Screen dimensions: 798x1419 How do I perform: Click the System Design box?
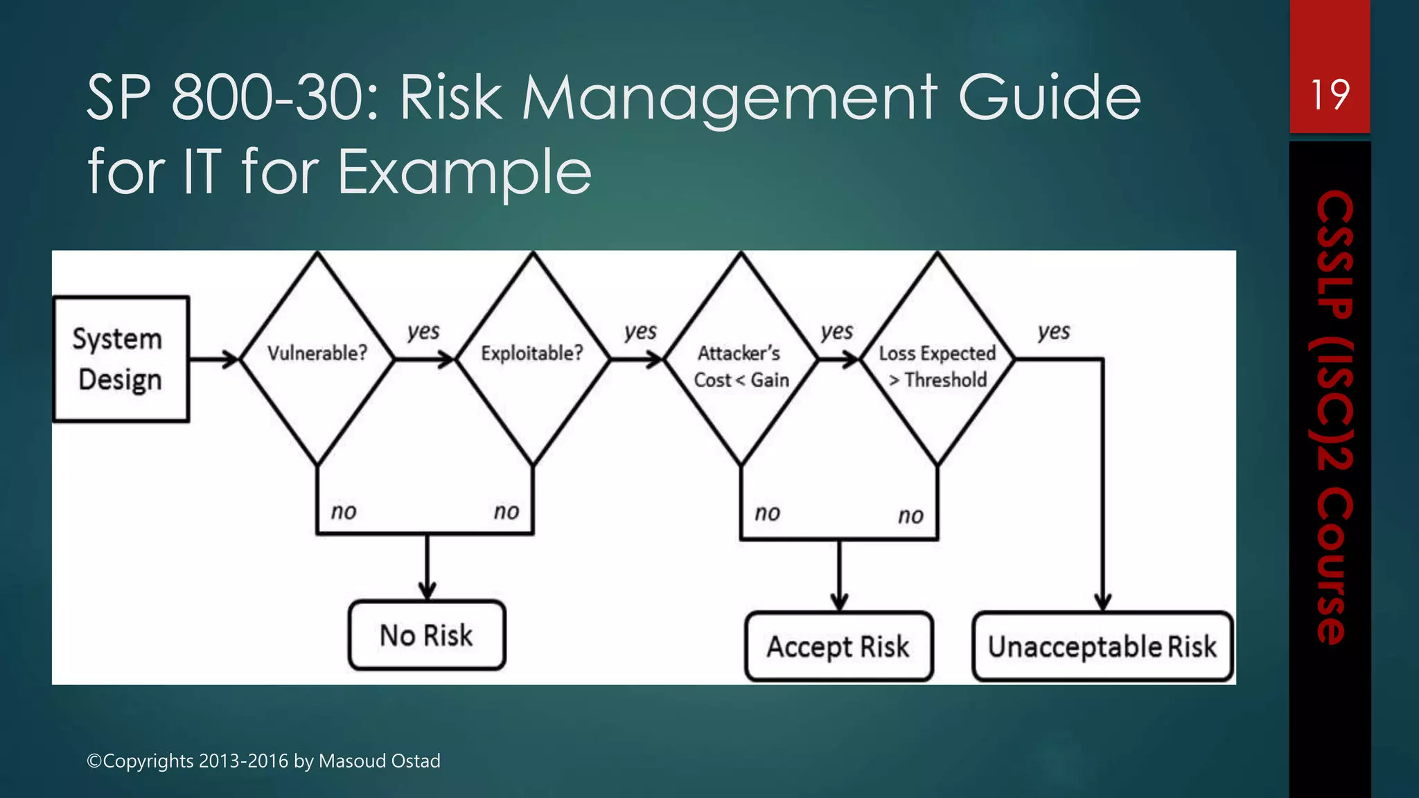coord(121,359)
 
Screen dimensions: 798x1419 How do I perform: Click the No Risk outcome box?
coord(427,635)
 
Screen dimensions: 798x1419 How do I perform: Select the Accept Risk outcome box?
coord(838,646)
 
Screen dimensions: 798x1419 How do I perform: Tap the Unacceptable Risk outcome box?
coord(1102,646)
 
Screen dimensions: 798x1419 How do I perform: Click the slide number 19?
coord(1330,95)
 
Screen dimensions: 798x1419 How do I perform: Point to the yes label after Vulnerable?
coord(423,331)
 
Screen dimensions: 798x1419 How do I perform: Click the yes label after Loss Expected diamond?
coord(1053,331)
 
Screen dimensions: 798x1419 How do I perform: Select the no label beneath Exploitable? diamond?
coord(506,512)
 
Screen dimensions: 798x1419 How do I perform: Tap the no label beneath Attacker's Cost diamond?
coord(767,513)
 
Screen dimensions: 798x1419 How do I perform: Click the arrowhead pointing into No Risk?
coord(428,592)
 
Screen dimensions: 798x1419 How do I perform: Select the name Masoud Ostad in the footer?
coord(379,761)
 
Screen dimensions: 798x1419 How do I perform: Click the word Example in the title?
coord(464,172)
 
